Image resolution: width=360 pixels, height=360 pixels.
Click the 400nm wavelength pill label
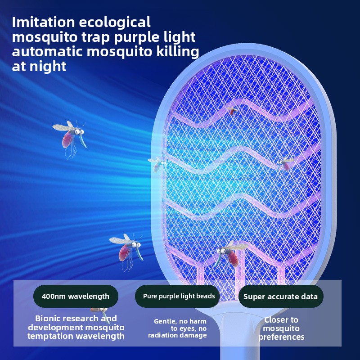click(75, 296)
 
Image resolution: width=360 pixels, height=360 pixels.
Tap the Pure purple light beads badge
click(178, 296)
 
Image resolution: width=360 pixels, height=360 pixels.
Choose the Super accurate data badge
click(280, 297)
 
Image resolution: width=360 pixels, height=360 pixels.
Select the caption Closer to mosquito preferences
click(281, 328)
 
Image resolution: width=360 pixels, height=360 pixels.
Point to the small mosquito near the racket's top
click(232, 110)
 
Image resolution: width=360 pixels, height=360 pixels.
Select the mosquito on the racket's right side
click(285, 162)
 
